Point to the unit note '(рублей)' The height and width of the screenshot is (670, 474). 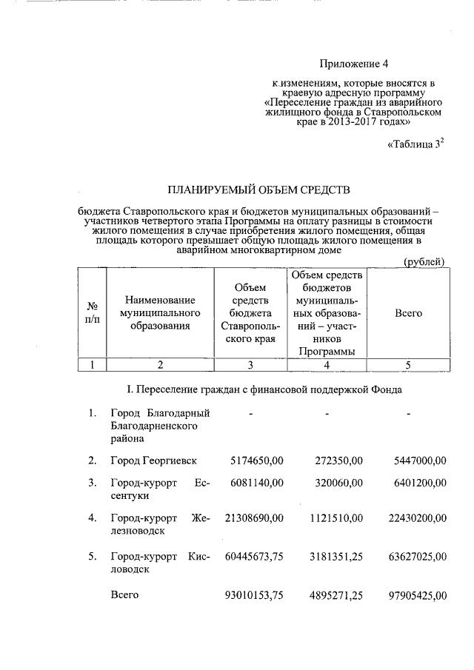423,261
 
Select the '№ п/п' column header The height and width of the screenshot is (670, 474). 93,313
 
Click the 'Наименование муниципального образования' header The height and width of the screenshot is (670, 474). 159,313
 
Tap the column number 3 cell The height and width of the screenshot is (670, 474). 250,364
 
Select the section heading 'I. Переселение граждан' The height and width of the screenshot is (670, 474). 266,389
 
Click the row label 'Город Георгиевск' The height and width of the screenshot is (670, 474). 153,460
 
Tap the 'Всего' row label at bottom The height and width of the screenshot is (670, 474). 124,595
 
